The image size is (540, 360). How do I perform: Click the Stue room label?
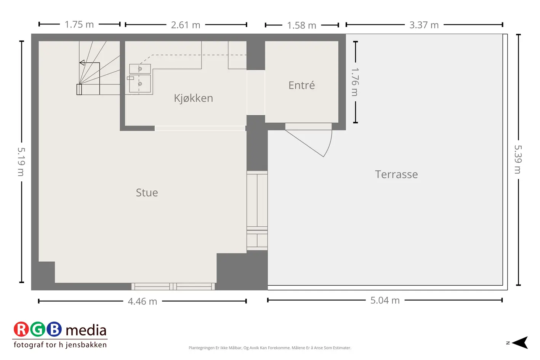point(147,193)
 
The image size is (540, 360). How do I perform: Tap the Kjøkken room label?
point(194,98)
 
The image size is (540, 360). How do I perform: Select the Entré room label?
point(301,85)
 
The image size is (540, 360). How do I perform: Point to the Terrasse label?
point(396,174)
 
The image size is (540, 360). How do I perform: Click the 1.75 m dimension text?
point(79,25)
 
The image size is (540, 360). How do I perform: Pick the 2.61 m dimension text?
point(186,25)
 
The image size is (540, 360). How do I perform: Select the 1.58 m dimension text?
point(301,25)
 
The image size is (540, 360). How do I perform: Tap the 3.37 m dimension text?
point(424,25)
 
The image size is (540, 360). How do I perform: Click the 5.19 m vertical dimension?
point(21,162)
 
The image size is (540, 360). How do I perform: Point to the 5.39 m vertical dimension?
point(518,159)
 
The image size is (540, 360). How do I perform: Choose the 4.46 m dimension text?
point(143,301)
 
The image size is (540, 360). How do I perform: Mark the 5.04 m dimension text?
point(385,301)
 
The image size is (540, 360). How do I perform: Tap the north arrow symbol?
point(521,342)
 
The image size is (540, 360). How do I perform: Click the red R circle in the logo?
point(21,329)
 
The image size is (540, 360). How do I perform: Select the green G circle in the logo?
point(38,329)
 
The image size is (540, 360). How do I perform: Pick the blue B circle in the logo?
point(54,329)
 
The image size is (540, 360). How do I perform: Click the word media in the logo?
point(86,330)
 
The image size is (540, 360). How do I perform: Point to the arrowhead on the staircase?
point(82,62)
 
